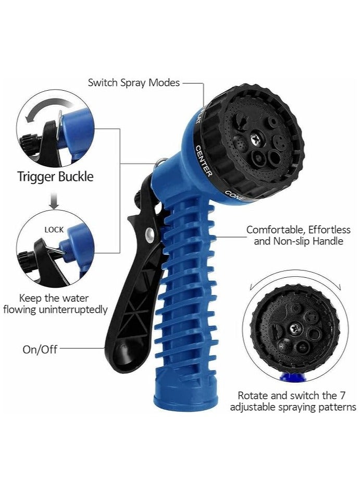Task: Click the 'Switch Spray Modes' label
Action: click(x=134, y=83)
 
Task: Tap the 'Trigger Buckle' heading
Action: click(x=55, y=177)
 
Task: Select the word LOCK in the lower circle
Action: click(x=54, y=230)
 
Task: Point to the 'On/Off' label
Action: click(x=40, y=349)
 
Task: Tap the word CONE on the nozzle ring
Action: click(x=234, y=195)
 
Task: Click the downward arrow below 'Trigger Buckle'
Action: click(x=55, y=201)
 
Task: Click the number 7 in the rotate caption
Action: click(x=342, y=395)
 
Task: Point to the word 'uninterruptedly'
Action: click(x=73, y=310)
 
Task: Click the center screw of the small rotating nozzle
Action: click(x=294, y=328)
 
